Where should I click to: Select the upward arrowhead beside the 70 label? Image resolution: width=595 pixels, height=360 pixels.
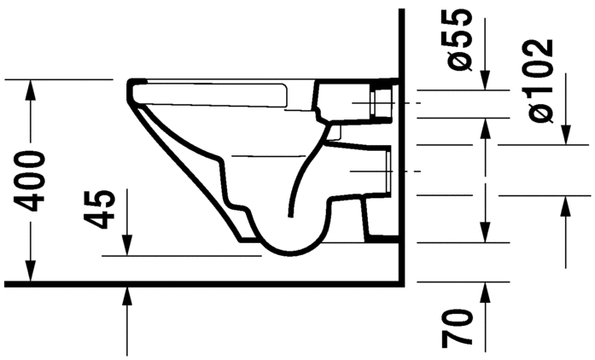click(486, 290)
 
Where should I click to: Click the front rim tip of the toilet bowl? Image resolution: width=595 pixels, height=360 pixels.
click(132, 85)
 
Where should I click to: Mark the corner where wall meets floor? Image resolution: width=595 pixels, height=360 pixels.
click(401, 282)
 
